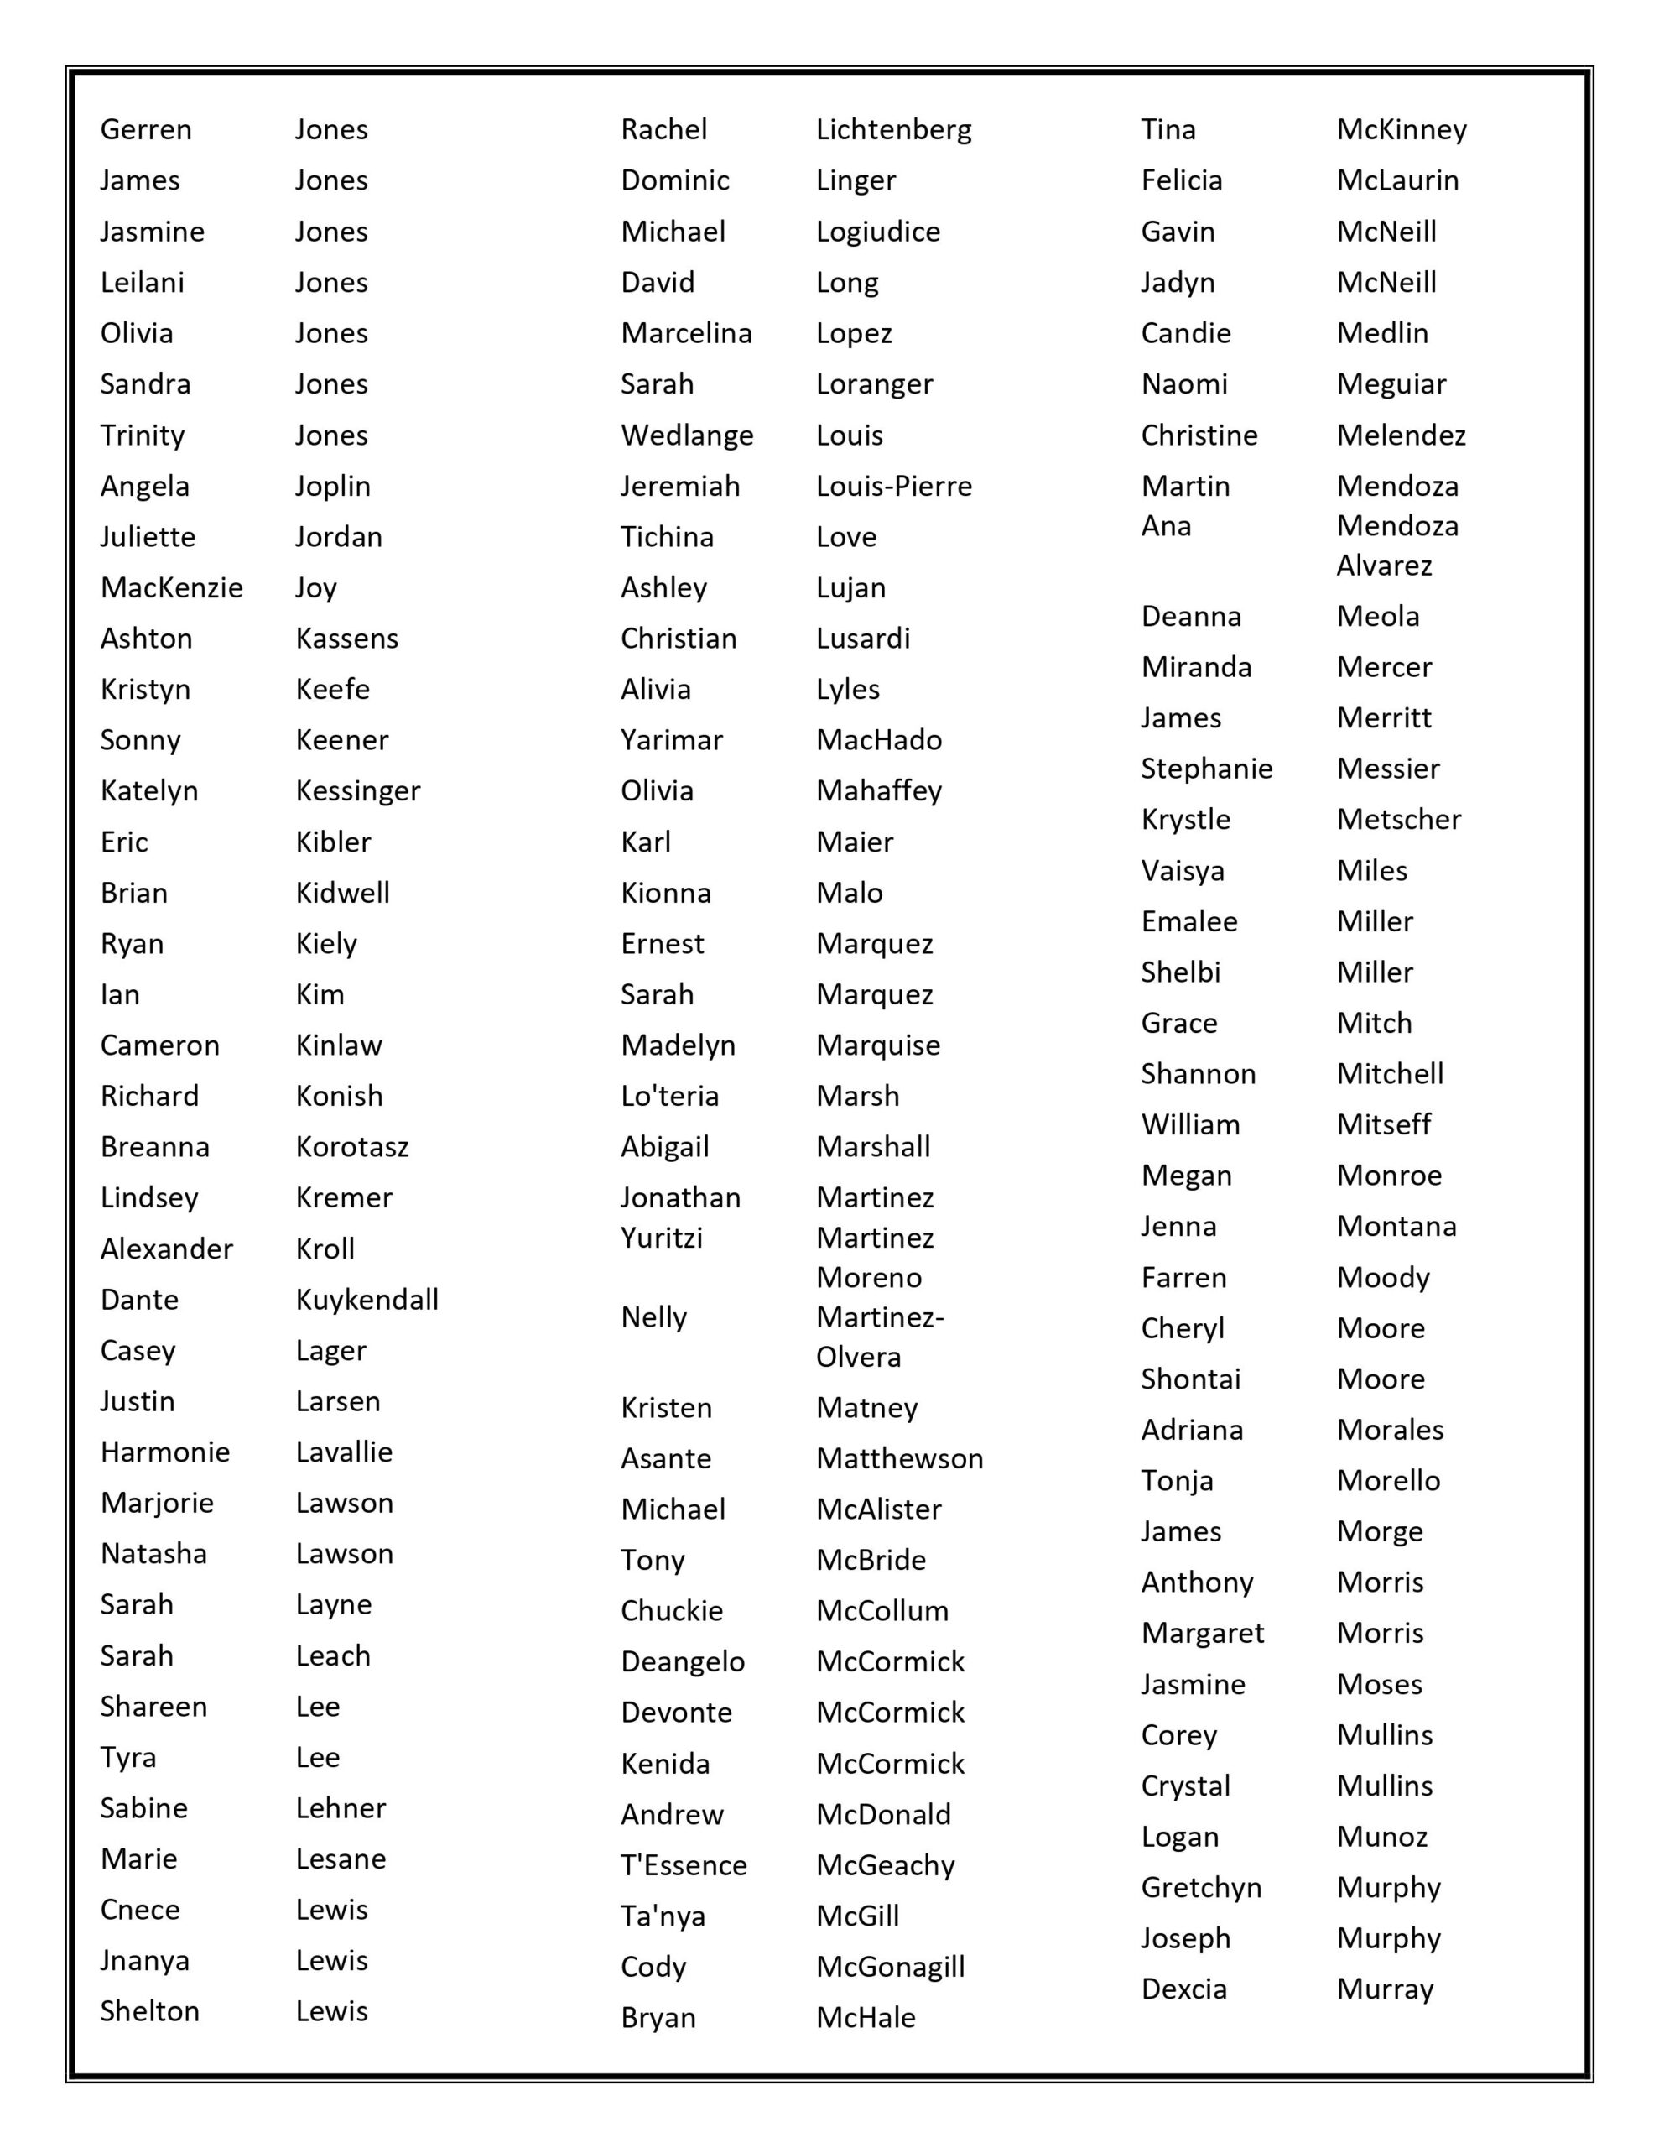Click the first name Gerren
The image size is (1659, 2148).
point(146,130)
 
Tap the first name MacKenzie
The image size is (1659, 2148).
point(171,587)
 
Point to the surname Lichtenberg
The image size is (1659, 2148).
point(893,130)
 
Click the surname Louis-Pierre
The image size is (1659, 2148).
point(893,486)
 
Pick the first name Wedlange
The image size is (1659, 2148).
point(686,435)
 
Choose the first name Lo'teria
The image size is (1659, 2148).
point(668,1096)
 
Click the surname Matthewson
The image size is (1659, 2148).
point(899,1458)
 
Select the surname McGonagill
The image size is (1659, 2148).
point(890,1967)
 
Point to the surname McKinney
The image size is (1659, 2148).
point(1402,130)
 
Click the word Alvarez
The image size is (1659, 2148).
point(1384,566)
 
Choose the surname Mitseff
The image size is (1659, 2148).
point(1384,1124)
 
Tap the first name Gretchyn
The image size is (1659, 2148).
point(1201,1887)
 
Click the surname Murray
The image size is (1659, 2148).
point(1385,1989)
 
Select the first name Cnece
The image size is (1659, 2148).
point(139,1910)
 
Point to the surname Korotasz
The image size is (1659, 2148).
point(352,1147)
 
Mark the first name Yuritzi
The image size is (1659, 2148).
point(661,1238)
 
